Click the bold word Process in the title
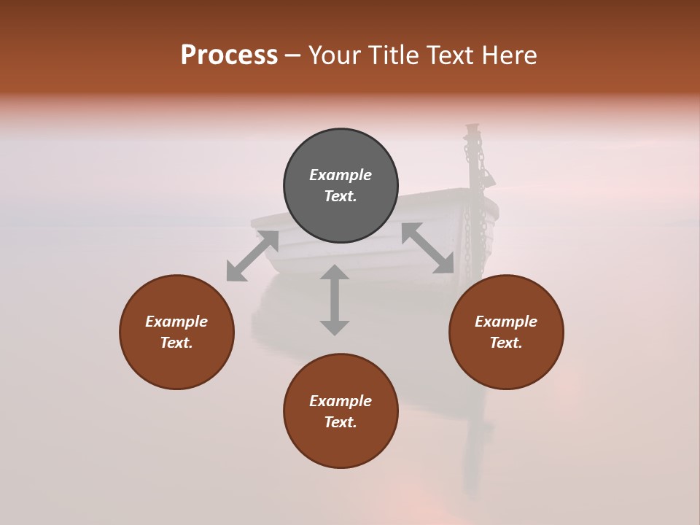point(229,55)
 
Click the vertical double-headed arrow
point(335,300)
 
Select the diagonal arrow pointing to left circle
point(252,255)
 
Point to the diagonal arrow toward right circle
point(428,248)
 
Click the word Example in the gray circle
point(341,175)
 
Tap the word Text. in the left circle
point(176,343)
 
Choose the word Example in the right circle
point(506,322)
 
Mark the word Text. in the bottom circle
point(341,422)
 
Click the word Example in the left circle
point(176,322)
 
